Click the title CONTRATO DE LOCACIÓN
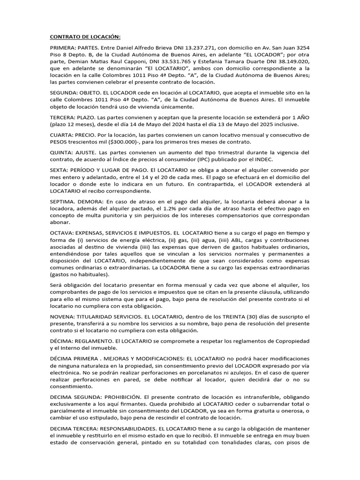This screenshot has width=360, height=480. click(85, 37)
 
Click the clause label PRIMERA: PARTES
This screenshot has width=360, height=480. click(72, 48)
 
